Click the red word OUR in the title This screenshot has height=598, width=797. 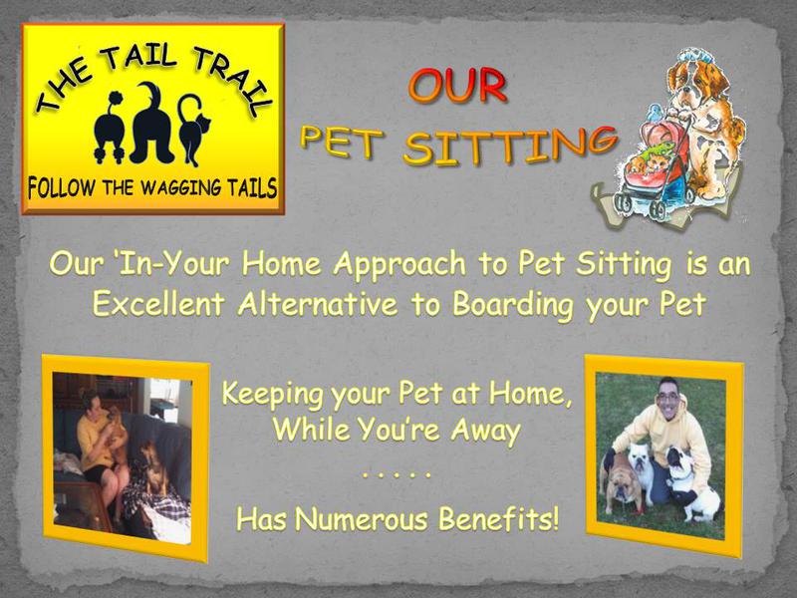[x=457, y=86]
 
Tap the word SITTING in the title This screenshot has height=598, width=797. [x=510, y=147]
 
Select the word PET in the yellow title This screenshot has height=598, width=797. [x=342, y=141]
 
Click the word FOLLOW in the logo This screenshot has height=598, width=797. [x=61, y=188]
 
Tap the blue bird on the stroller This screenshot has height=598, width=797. [x=656, y=112]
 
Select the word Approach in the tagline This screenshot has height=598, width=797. [x=399, y=265]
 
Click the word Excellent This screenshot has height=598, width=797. [x=158, y=305]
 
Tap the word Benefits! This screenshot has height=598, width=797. [x=499, y=519]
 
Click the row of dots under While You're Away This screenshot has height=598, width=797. [x=397, y=475]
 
